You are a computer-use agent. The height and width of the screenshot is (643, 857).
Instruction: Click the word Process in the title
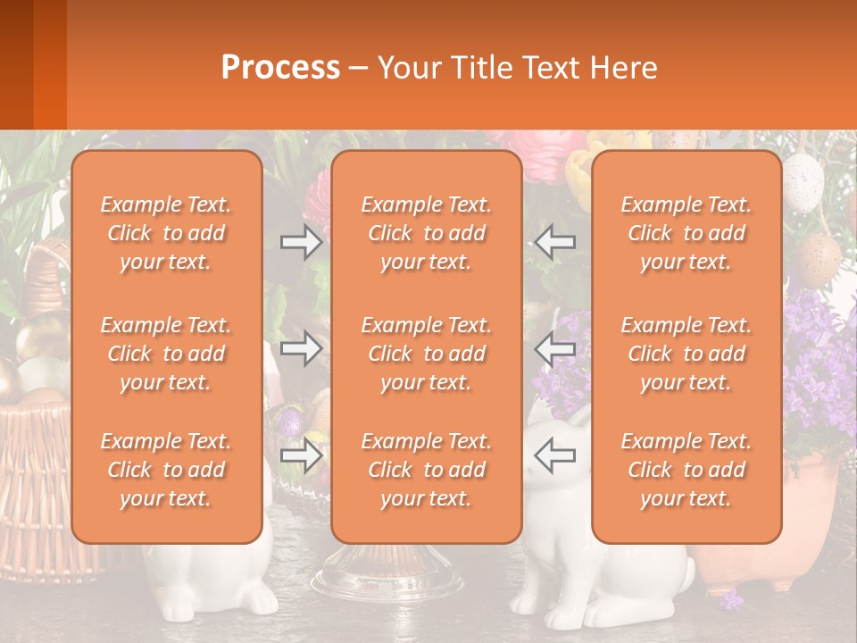tap(280, 68)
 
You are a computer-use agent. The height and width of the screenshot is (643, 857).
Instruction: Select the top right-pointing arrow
tap(301, 242)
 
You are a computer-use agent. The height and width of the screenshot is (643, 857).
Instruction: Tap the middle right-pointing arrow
tap(301, 349)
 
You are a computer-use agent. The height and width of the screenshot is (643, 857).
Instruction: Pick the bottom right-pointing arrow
tap(301, 455)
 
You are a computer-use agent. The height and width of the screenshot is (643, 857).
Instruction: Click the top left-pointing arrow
tap(554, 242)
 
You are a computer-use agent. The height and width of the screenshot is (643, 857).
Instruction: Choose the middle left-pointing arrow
tap(554, 349)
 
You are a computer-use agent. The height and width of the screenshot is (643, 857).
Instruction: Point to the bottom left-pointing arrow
tap(554, 455)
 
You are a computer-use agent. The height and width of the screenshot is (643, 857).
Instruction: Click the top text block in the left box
tap(166, 233)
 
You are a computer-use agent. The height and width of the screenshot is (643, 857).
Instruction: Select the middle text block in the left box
tap(166, 354)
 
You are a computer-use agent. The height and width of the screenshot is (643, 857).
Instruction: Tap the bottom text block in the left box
tap(166, 470)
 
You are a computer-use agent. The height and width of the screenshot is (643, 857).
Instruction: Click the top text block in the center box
tap(426, 233)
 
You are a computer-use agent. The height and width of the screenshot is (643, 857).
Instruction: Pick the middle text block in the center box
tap(426, 354)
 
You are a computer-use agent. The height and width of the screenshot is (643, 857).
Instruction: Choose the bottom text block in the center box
tap(426, 470)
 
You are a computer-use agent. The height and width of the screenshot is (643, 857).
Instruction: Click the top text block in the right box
tap(686, 233)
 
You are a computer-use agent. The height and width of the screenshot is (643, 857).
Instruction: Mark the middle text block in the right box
tap(686, 354)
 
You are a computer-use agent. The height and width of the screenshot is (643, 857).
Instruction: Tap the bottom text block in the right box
tap(686, 470)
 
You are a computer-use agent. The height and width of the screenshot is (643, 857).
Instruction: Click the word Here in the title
tap(625, 68)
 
